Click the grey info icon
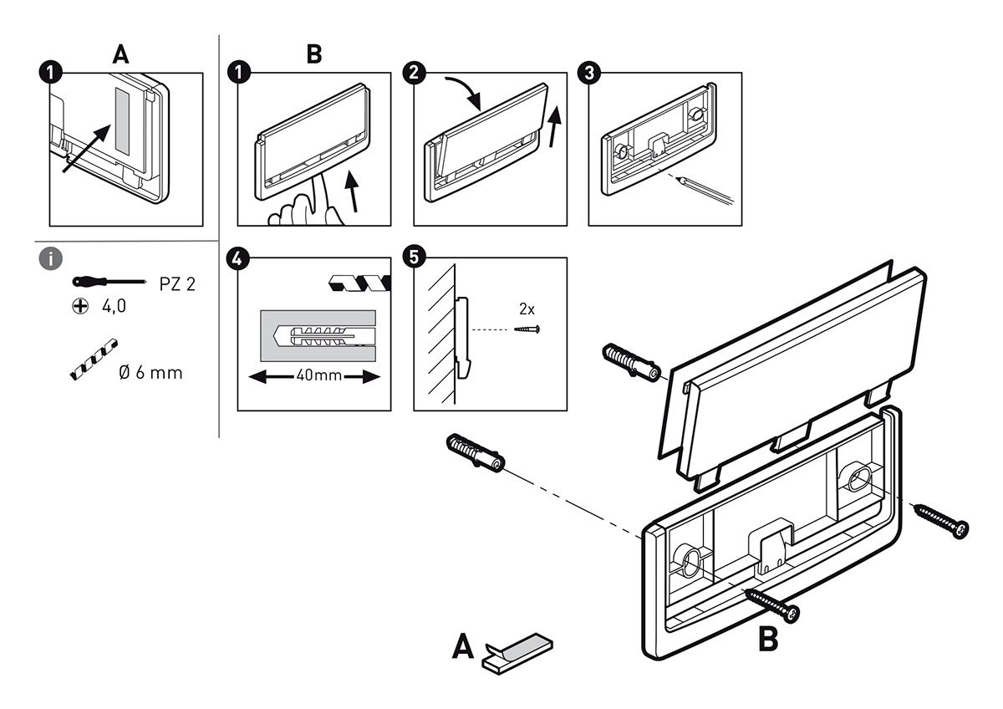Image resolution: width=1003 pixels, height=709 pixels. tap(51, 258)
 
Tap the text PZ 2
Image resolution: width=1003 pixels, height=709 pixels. tap(177, 284)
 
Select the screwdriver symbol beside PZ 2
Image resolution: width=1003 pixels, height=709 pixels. tap(109, 282)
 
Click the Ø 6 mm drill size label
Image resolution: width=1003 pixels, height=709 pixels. tap(151, 373)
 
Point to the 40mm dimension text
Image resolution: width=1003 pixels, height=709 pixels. tap(318, 375)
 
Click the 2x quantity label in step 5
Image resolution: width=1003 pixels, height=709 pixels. tap(527, 309)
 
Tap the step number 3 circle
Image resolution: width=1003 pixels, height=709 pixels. tap(589, 73)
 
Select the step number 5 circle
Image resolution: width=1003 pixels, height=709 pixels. tap(415, 257)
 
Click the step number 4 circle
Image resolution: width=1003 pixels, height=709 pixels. tap(238, 258)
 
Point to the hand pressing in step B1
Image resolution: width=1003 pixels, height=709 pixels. tap(306, 203)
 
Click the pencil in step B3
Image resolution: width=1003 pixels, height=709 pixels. tap(705, 191)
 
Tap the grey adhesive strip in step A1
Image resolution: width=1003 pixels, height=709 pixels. tap(122, 121)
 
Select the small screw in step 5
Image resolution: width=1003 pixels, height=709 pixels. tap(527, 329)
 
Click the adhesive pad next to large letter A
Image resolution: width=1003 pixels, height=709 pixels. tap(518, 653)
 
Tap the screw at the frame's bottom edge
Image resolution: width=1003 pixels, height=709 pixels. tap(771, 605)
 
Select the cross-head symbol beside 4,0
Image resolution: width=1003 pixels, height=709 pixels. tap(80, 306)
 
